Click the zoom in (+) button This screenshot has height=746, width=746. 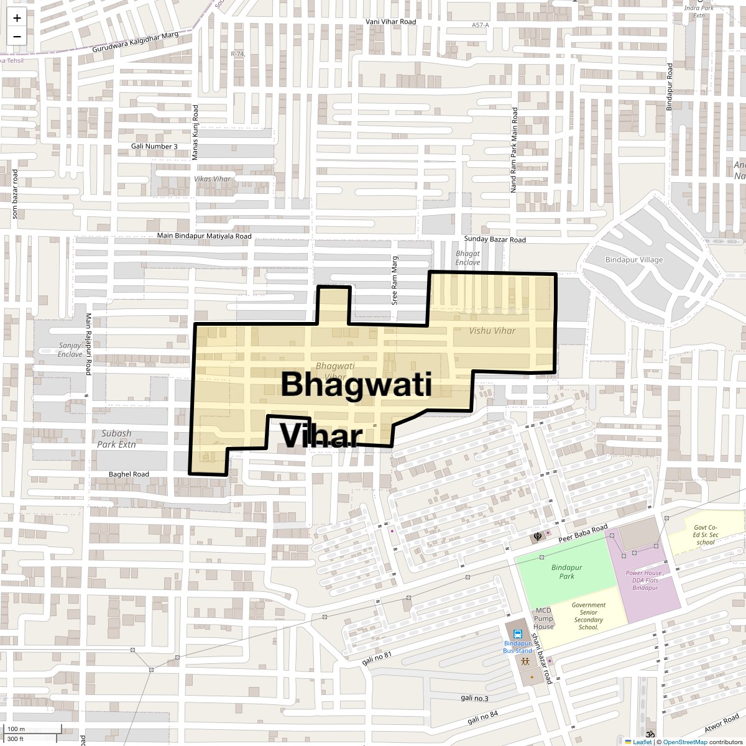pos(17,18)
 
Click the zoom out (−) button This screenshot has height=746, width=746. pos(17,37)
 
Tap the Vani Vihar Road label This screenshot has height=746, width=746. pos(390,22)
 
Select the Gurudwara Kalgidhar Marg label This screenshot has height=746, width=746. pos(135,42)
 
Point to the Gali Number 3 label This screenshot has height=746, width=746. pos(154,146)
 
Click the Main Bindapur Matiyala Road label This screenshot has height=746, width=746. pos(204,236)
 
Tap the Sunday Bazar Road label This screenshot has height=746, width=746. pos(495,239)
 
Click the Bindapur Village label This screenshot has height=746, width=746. pos(634,260)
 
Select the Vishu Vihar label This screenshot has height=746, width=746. pos(492,331)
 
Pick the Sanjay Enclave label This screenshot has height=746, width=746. pos(70,349)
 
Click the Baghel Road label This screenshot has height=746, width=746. pos(129,474)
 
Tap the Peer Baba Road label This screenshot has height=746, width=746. pos(582,534)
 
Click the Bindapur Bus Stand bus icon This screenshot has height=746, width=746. pos(509,635)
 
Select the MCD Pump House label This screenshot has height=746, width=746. pos(543,619)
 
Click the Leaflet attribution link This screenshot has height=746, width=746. pos(642,742)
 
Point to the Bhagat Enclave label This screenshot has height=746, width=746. pos(467,258)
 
